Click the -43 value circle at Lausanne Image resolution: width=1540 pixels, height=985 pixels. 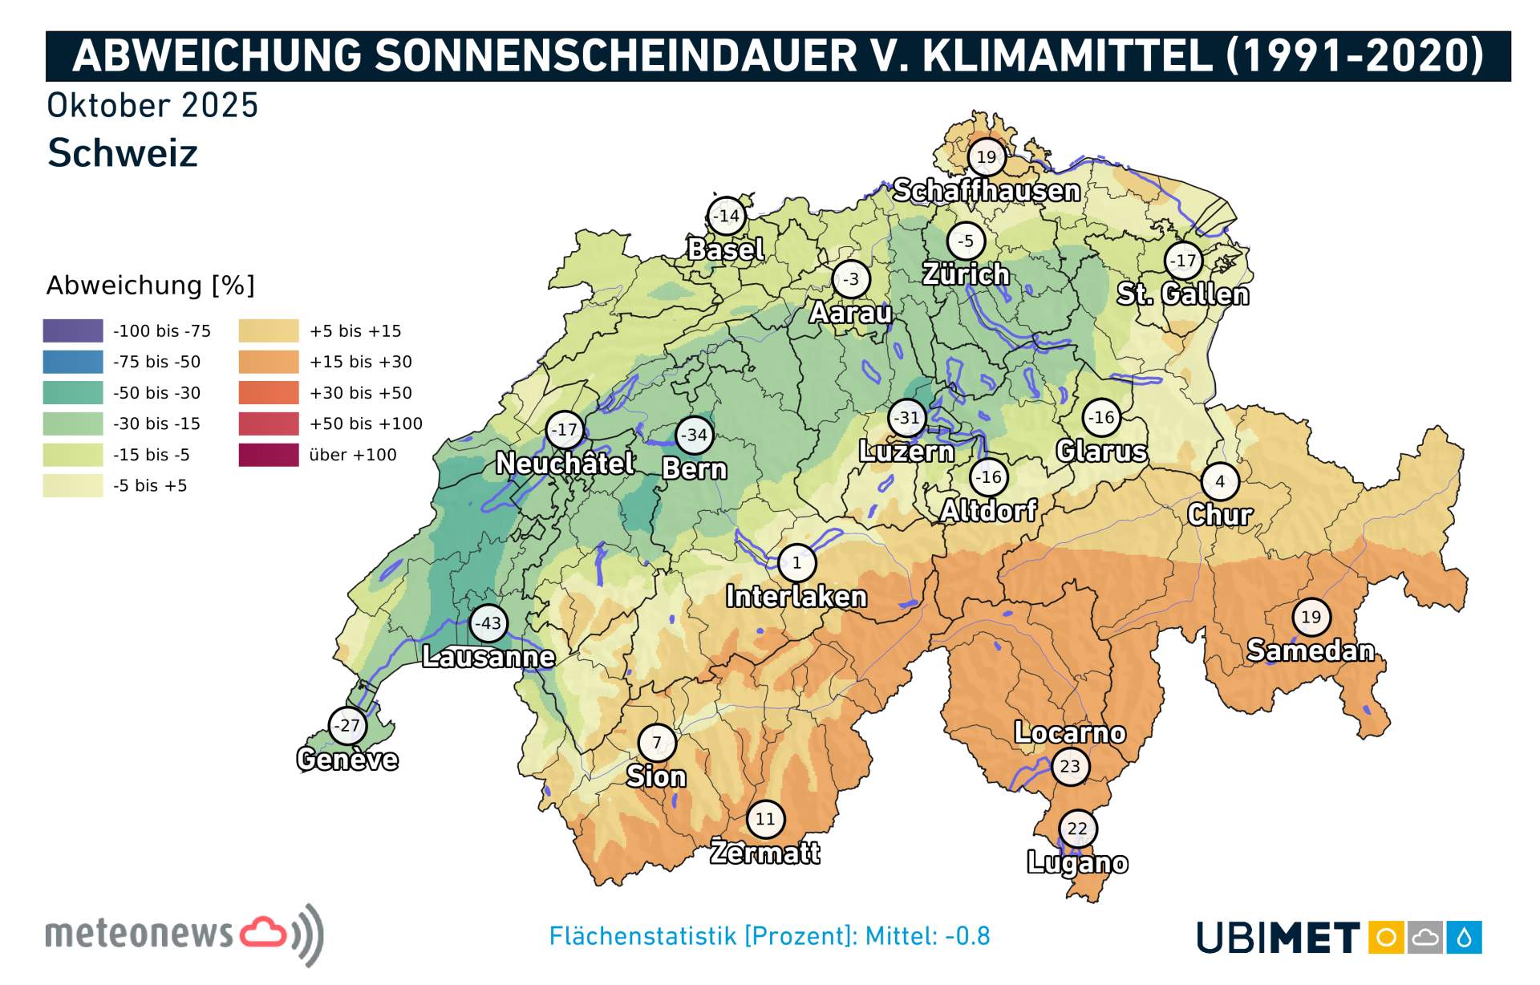point(488,623)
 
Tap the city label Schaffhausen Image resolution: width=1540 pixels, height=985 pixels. point(986,191)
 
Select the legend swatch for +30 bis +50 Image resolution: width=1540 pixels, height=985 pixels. point(268,392)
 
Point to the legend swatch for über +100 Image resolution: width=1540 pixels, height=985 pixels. point(268,455)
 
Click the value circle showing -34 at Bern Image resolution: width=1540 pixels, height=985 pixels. point(694,436)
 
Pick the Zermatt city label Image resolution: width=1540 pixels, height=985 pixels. point(765,852)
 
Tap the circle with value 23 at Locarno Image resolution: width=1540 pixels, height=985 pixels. point(1069,766)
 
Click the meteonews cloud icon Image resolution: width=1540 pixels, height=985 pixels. point(263,932)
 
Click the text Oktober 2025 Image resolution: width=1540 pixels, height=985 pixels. point(152,106)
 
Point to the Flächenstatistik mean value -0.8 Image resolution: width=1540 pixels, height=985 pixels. point(967,936)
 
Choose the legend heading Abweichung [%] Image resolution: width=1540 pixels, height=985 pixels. point(150,286)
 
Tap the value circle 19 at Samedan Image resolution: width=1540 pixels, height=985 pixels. point(1311,617)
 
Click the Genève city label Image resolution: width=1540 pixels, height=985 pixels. point(347,759)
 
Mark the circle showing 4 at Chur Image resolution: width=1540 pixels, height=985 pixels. point(1219,481)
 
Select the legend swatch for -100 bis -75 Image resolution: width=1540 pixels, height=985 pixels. point(73,330)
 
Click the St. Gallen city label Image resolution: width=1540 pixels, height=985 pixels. point(1183,294)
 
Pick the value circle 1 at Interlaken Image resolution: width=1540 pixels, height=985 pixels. point(796,563)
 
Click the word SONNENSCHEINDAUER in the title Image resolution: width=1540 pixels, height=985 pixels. point(615,56)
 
